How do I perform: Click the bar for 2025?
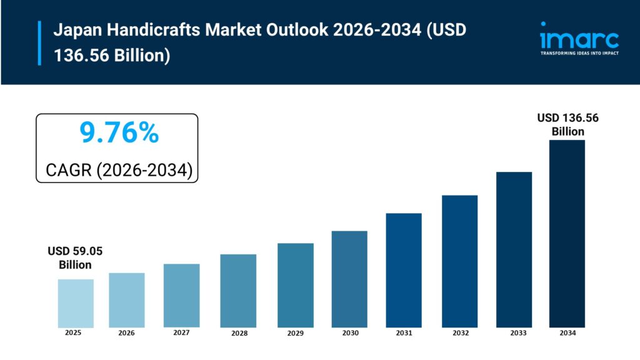76,303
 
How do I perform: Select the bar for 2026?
126,300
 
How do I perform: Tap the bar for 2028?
238,291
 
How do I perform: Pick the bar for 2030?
349,279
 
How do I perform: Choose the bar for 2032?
459,261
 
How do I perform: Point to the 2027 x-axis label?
181,333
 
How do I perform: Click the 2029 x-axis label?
295,334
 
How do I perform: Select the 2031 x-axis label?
404,334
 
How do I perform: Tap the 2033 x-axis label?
514,334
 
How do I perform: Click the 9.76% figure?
119,132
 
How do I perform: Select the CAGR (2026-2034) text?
119,169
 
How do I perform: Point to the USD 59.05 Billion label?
75,258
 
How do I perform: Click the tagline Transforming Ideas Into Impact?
579,54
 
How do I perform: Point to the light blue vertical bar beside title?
39,42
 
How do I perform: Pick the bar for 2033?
514,249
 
